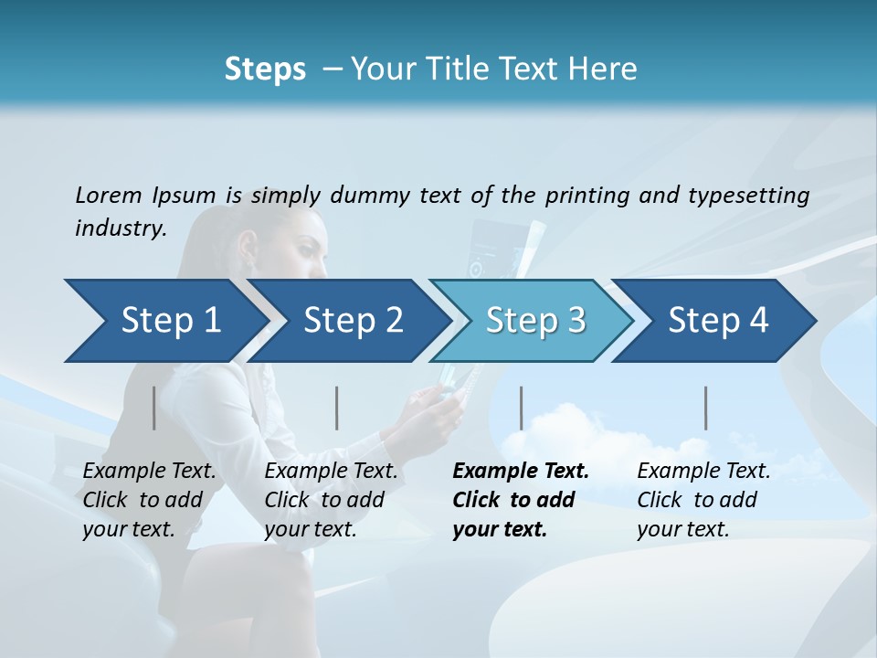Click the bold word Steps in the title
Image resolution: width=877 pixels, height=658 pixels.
[x=265, y=69]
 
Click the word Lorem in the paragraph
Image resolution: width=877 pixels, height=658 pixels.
[x=109, y=195]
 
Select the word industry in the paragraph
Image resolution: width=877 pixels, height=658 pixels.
[x=120, y=228]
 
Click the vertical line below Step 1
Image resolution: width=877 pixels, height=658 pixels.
[x=154, y=408]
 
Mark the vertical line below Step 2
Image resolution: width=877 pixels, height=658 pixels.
[x=337, y=408]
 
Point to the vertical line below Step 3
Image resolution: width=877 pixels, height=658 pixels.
[x=521, y=408]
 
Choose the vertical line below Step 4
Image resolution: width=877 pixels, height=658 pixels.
[x=706, y=408]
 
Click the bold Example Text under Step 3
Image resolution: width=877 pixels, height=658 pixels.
[x=521, y=472]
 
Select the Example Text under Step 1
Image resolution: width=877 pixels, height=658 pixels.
[x=150, y=472]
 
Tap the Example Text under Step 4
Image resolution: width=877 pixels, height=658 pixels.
[x=703, y=472]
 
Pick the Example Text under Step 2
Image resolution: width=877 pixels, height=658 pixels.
[x=331, y=472]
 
